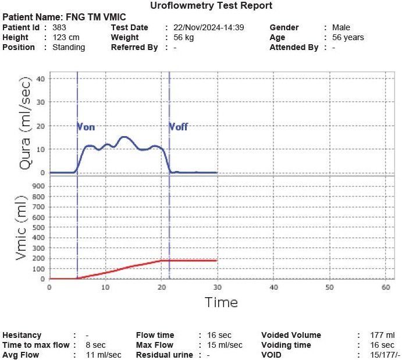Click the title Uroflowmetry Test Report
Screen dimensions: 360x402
click(211, 6)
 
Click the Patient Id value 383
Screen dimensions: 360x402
click(59, 27)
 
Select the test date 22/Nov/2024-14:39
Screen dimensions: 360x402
click(208, 27)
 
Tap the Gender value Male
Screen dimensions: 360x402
click(341, 27)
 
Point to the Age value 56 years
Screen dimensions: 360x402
click(348, 37)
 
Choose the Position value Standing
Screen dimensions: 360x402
click(69, 47)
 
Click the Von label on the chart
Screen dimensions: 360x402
click(86, 126)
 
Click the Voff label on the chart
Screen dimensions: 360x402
click(179, 126)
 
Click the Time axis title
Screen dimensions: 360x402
click(221, 302)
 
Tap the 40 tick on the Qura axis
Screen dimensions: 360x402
click(40, 79)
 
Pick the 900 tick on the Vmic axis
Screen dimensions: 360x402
click(37, 187)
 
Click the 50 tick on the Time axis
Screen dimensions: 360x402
click(329, 287)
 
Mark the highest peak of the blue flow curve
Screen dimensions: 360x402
click(123, 137)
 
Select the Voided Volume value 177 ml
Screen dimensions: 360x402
click(382, 335)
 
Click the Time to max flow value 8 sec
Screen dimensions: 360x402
click(95, 345)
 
